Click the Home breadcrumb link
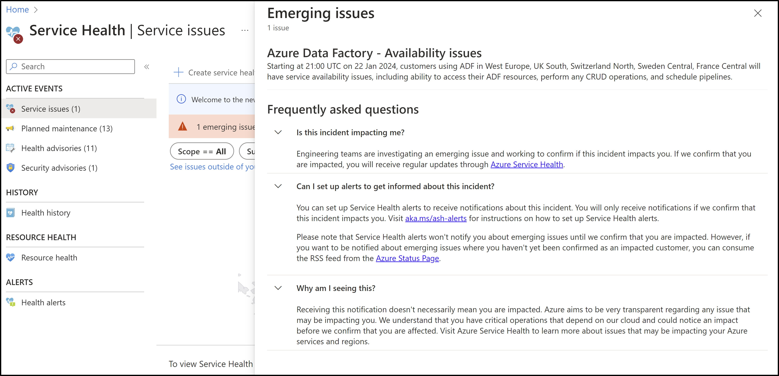tap(17, 10)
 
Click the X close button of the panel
tap(757, 13)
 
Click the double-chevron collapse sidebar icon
tap(147, 67)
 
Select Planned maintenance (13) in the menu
tap(67, 128)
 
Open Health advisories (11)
tap(59, 148)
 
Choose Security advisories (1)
tap(59, 168)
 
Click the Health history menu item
tap(46, 213)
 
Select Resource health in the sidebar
tap(49, 258)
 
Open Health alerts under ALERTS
tap(43, 302)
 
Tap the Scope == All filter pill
tap(202, 151)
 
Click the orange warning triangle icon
tap(182, 126)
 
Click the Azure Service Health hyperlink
tap(527, 165)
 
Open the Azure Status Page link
tap(407, 258)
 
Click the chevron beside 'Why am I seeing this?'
tap(278, 288)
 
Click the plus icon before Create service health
tap(178, 72)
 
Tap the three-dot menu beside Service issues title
tap(245, 30)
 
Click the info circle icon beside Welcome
tap(181, 99)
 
